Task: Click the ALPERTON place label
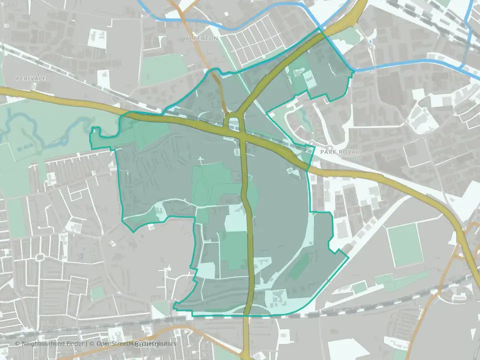coord(201,38)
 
